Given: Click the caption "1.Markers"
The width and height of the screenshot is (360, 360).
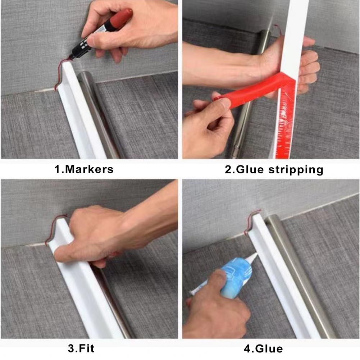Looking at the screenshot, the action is click(84, 169).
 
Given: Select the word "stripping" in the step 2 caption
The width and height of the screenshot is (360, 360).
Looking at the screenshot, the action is click(296, 170).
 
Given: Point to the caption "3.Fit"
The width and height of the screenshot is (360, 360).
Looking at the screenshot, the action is click(81, 348).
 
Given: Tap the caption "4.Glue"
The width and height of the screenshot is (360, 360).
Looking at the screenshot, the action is click(263, 349).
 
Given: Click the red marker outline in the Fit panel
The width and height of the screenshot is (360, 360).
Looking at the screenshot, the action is click(53, 227).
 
